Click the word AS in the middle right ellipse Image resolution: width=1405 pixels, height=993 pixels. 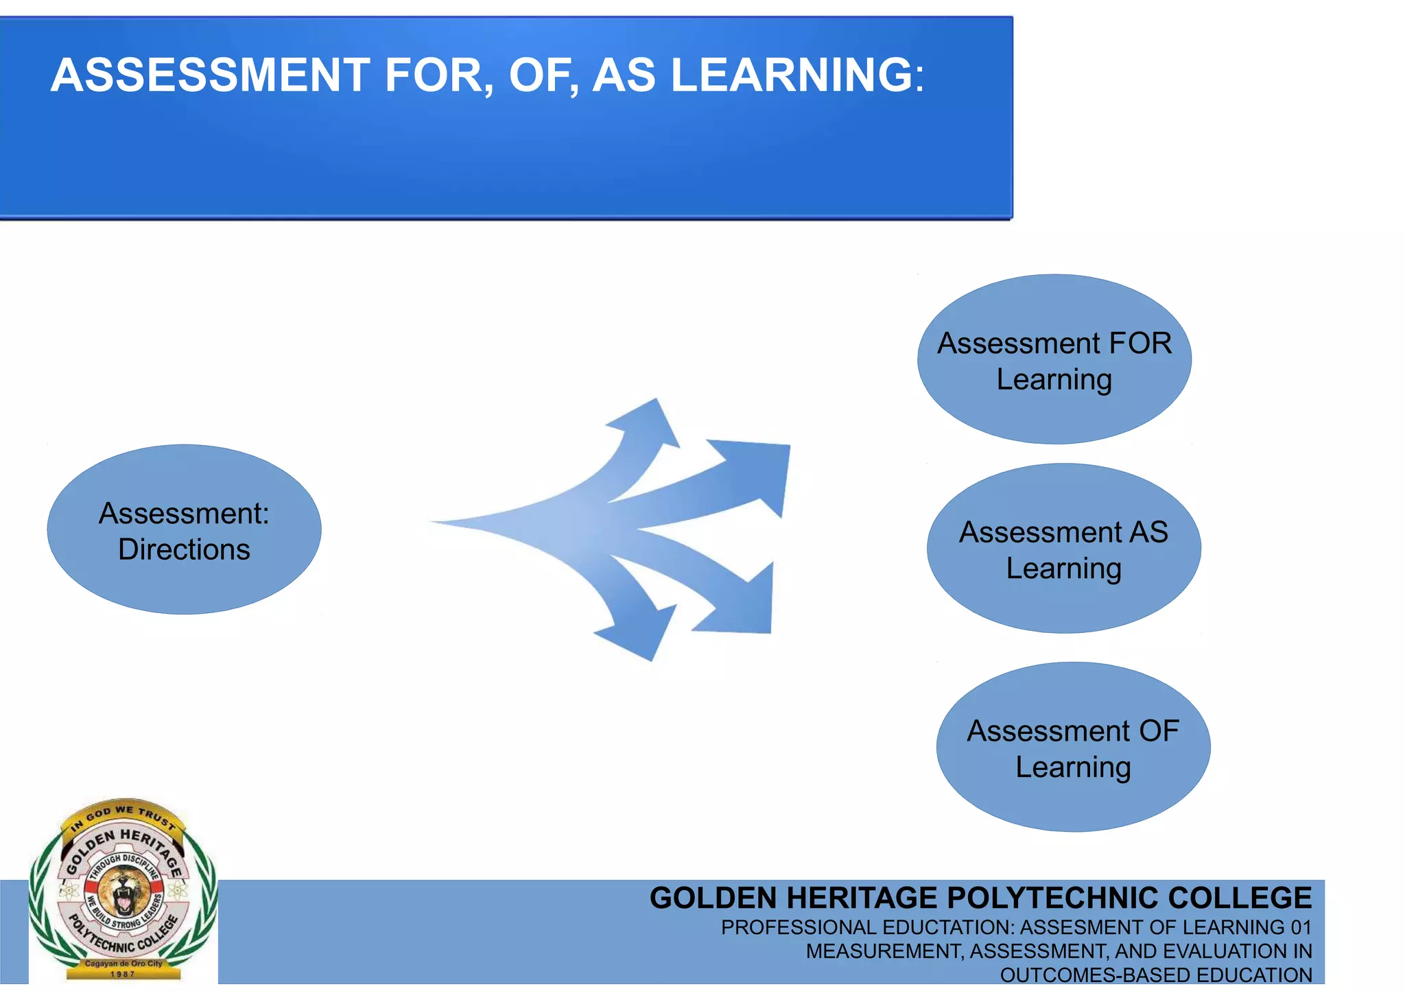click(x=1148, y=533)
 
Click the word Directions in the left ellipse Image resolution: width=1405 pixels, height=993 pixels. click(x=184, y=550)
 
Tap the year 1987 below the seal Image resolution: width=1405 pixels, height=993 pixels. click(x=123, y=974)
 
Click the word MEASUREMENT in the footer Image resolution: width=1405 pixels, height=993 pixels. click(x=885, y=952)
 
